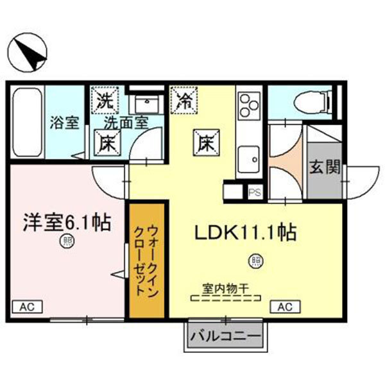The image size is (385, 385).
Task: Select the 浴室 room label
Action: pos(65,122)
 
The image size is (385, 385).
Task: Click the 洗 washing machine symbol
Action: pos(104,99)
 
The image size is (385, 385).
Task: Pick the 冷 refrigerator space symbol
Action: pos(184,99)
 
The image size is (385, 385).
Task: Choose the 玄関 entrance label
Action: pos(324,167)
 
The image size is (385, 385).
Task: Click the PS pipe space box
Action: pos(254,191)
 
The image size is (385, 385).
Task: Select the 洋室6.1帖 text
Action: pos(66,223)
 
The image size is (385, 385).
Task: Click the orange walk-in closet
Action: pos(148,261)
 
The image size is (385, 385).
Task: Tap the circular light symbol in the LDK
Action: pos(256,261)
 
